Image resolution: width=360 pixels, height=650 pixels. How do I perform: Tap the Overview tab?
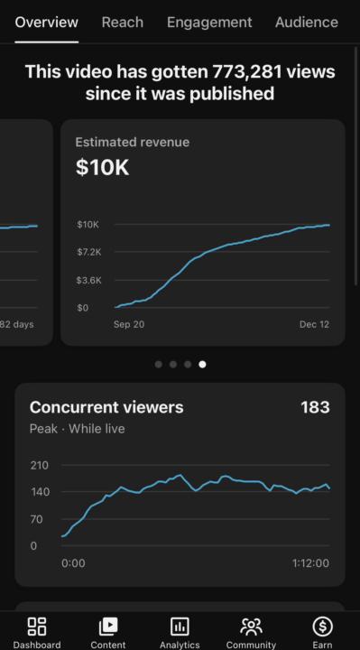46,22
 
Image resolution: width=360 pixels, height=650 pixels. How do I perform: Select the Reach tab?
122,22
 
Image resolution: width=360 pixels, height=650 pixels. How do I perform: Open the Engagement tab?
208,22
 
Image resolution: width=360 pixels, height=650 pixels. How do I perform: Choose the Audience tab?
306,22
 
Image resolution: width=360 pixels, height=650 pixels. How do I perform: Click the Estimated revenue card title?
132,142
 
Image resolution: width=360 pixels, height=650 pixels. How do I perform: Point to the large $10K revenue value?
102,168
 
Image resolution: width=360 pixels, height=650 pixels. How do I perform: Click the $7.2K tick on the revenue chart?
88,251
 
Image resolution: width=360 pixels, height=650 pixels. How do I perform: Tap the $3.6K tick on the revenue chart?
88,280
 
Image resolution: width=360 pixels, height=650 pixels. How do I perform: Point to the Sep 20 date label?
129,324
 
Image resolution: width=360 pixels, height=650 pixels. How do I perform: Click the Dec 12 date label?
314,324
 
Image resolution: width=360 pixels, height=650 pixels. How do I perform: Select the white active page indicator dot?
202,365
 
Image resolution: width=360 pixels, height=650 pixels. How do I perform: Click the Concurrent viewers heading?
106,407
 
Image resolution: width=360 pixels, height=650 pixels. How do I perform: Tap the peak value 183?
315,407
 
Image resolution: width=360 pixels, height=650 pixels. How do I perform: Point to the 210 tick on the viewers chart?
39,466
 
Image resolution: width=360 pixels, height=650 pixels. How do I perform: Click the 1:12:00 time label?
310,563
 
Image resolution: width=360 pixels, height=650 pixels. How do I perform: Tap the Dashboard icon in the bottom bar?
37,626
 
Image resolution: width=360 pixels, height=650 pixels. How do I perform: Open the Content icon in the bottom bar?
108,626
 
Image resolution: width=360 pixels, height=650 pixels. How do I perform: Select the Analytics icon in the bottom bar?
180,626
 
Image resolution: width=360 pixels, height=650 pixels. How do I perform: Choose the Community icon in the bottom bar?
251,626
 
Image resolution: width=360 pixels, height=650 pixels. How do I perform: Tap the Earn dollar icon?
322,626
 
